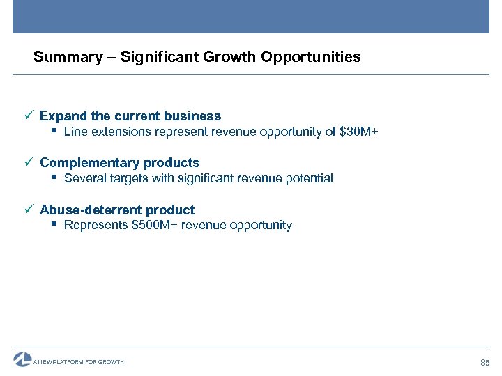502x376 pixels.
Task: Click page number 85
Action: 486,363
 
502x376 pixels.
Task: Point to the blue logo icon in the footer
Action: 22,359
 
